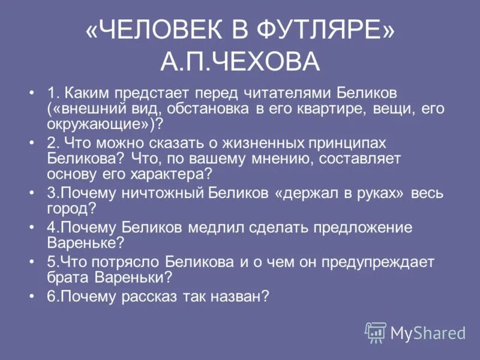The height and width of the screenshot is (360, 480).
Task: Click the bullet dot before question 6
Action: click(x=32, y=297)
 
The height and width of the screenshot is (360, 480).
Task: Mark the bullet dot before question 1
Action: click(x=32, y=94)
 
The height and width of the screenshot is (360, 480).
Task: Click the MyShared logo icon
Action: click(x=376, y=331)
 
